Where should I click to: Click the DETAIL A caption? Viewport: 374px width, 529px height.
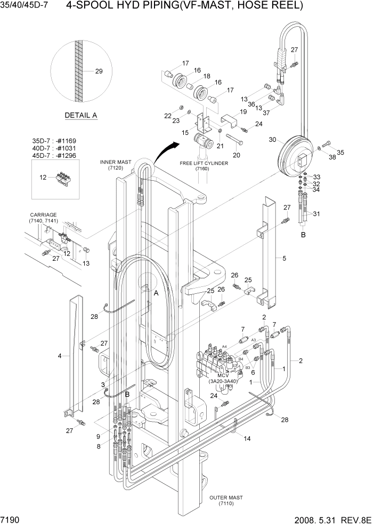pos(80,115)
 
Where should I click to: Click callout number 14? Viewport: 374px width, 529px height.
pos(247,438)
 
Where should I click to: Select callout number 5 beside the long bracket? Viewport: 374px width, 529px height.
pos(284,259)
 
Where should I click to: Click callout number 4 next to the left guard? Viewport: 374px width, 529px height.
pos(60,355)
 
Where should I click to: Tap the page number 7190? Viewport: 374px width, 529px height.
pos(11,519)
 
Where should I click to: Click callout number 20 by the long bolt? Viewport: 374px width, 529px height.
pos(236,155)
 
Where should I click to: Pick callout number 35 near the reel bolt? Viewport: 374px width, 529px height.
pos(340,153)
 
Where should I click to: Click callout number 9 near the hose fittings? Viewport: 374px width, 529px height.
pos(98,436)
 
